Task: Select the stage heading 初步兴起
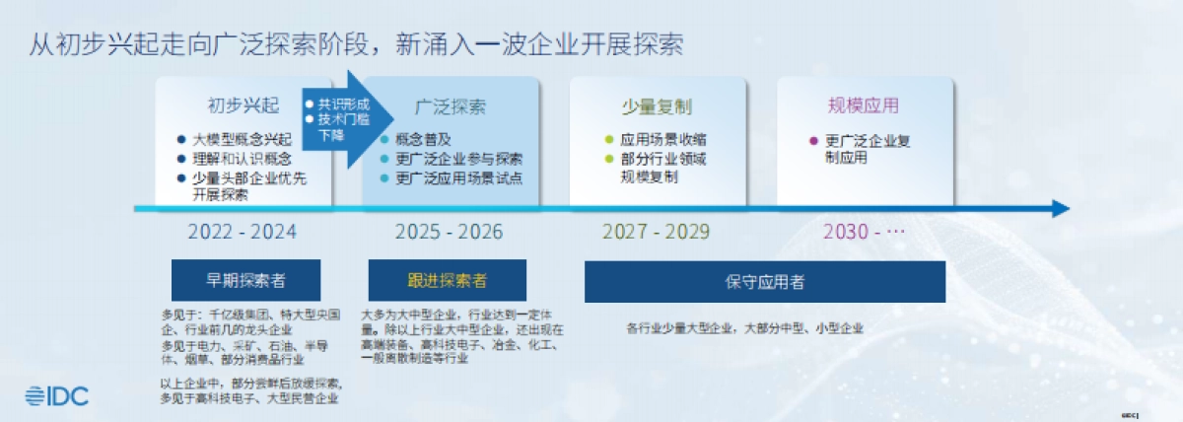[244, 105]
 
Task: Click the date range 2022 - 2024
[242, 233]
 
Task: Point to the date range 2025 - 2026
[449, 233]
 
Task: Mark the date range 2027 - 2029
[656, 233]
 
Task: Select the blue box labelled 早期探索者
[244, 281]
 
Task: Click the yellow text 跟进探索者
[447, 281]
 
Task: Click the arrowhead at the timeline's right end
[1061, 209]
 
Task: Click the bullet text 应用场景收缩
[662, 140]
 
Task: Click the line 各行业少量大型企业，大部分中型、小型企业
[745, 327]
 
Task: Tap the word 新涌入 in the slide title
[430, 44]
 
